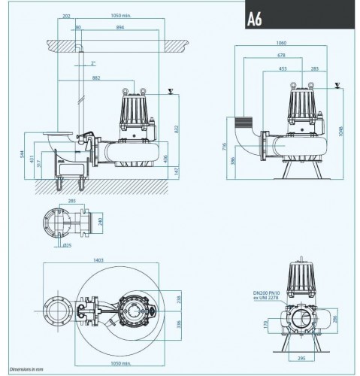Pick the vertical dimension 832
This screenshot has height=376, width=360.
177,129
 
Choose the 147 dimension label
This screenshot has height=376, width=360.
178,172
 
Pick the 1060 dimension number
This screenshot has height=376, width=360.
280,43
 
